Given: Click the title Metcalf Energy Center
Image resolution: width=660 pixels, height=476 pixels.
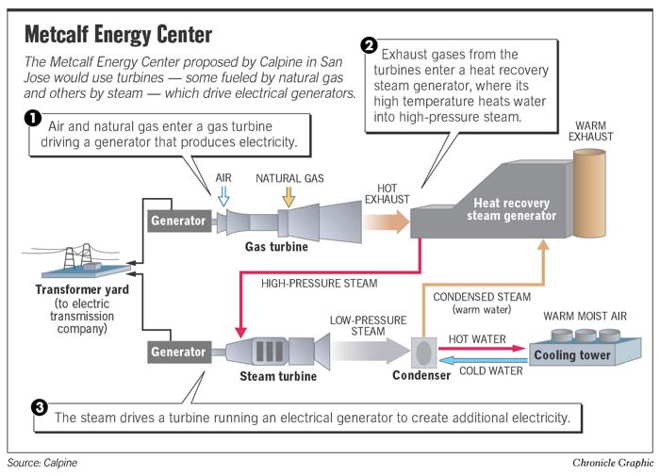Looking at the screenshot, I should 118,35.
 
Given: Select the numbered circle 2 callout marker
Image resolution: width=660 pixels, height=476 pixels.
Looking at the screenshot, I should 369,45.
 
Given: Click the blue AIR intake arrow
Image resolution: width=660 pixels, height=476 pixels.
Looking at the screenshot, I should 223,196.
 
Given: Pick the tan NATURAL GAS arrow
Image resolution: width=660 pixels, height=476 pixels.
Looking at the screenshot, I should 288,196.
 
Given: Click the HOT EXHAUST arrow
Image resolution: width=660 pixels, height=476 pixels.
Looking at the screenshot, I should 387,222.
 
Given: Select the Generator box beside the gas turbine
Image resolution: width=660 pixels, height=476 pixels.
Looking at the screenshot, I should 178,222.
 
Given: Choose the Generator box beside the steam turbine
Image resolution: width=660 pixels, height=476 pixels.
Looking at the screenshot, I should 178,352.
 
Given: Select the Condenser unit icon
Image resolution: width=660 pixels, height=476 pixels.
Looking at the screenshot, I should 422,353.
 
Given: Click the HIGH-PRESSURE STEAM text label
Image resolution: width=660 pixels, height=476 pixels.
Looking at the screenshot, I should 320,283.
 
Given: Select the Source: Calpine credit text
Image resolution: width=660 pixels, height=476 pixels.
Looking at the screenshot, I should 42,463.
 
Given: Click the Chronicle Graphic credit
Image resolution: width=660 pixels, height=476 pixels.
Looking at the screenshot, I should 612,463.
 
